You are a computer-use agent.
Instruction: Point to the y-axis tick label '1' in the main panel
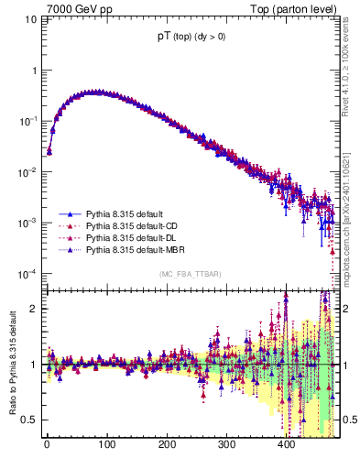[x=34, y=71]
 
